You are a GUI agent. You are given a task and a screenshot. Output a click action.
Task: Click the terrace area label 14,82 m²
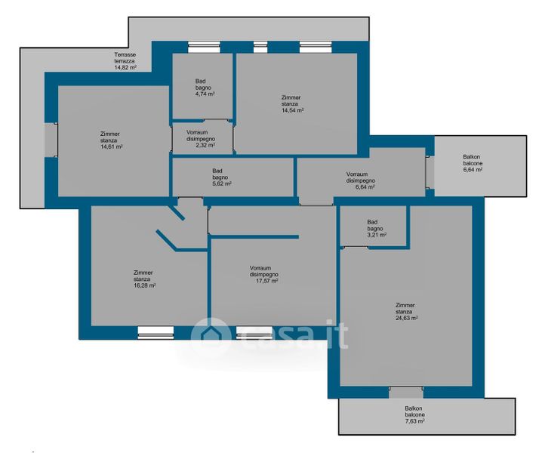(x=125, y=61)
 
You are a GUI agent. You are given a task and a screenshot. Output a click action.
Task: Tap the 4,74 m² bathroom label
(x=205, y=88)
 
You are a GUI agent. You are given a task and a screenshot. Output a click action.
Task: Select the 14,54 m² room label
(x=292, y=103)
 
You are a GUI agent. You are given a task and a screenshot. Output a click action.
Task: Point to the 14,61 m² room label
(x=112, y=140)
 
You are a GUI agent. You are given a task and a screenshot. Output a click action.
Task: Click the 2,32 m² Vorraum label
(x=201, y=139)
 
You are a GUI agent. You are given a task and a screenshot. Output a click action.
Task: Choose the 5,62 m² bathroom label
(x=222, y=177)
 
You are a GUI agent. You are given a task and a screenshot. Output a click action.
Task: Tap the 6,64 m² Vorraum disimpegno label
(x=361, y=180)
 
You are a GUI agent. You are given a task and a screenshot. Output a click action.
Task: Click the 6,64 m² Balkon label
(x=473, y=163)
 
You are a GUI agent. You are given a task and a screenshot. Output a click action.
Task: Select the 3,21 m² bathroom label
(x=377, y=229)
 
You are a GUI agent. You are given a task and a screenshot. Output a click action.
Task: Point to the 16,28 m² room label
(x=145, y=279)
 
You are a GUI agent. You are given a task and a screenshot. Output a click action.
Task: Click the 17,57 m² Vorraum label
(x=264, y=274)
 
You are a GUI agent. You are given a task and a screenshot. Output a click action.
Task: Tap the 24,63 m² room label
(x=407, y=311)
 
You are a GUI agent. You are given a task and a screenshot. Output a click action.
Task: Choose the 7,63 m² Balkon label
(x=414, y=414)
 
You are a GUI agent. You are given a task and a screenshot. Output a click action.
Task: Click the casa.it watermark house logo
(x=211, y=334)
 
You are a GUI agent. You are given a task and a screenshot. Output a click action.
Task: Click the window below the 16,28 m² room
(x=156, y=333)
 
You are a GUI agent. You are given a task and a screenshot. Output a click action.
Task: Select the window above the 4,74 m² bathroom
(x=204, y=47)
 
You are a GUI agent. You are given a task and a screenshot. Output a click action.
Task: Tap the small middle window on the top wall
(x=260, y=47)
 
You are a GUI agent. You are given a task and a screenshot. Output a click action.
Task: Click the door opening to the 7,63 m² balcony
(x=406, y=392)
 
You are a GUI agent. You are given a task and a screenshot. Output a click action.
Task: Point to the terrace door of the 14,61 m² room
(x=51, y=140)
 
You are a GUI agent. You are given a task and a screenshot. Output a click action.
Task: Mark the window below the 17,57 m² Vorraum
(x=254, y=333)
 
